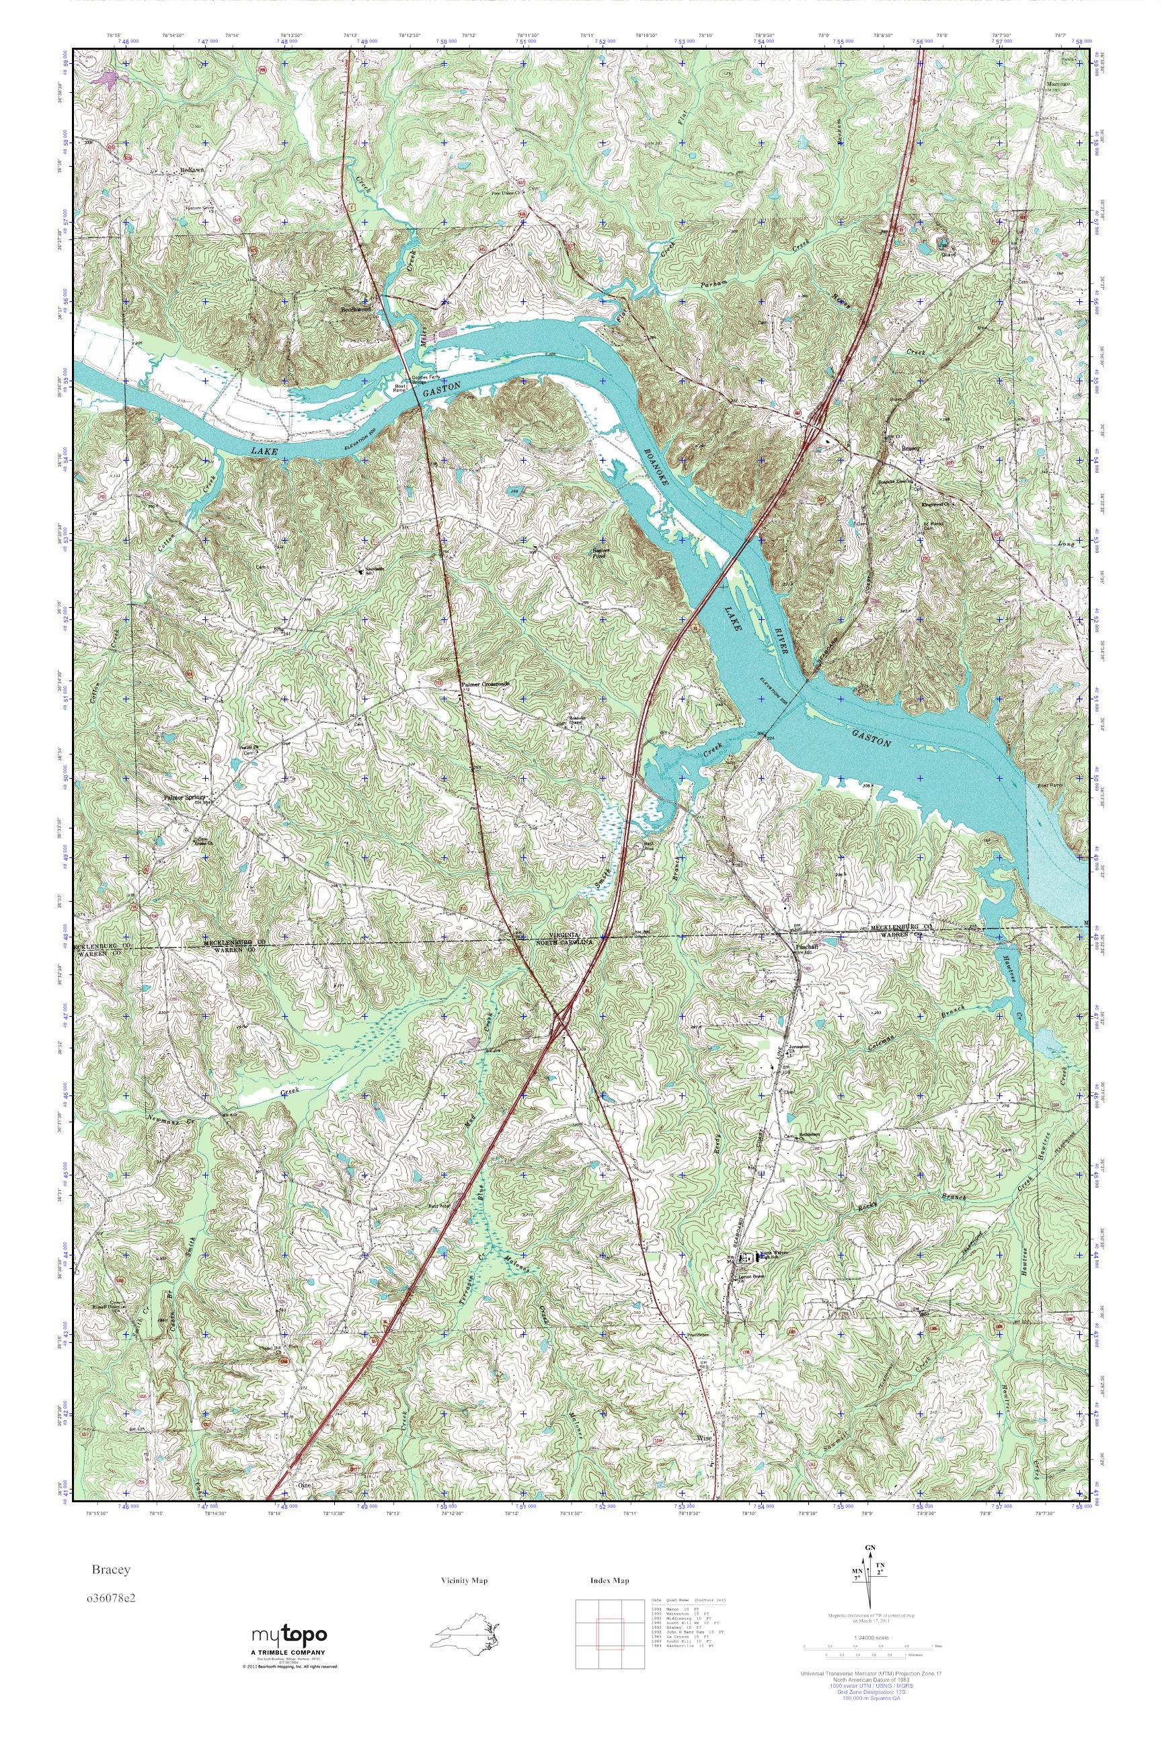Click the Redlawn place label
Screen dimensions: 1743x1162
191,169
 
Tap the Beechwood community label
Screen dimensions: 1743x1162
354,311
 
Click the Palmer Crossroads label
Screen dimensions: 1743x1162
486,685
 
